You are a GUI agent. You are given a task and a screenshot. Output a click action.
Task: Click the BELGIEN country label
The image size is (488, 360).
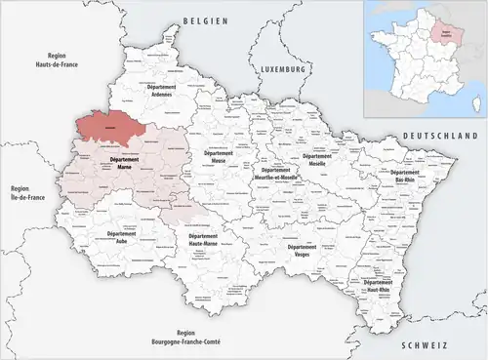(204, 20)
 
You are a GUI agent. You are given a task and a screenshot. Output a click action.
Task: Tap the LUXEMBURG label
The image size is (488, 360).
(285, 71)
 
